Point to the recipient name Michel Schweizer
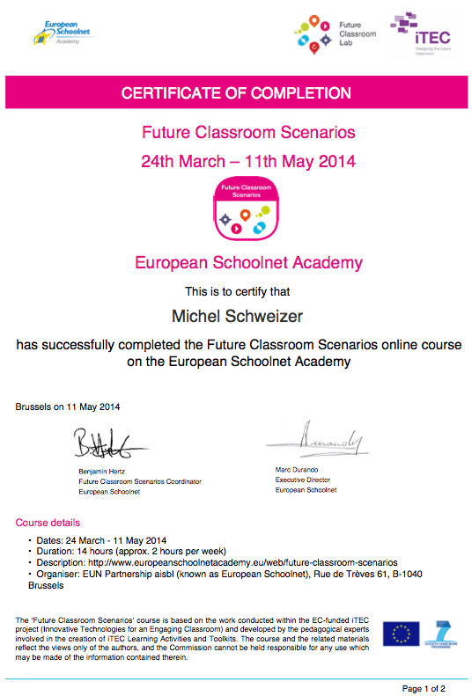235,314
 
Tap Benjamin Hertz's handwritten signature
108,444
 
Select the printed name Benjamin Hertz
102,472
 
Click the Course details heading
48,523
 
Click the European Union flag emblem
401,634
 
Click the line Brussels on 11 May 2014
68,407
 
